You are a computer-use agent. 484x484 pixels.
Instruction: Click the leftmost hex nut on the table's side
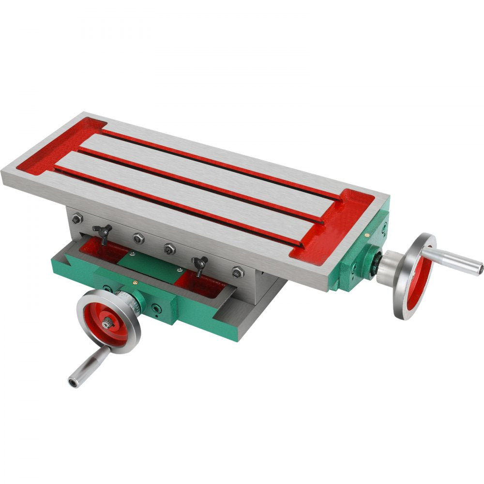coord(76,219)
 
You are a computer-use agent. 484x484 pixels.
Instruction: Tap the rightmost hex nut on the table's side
coord(236,272)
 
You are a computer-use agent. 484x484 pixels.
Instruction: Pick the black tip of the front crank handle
coord(73,383)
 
